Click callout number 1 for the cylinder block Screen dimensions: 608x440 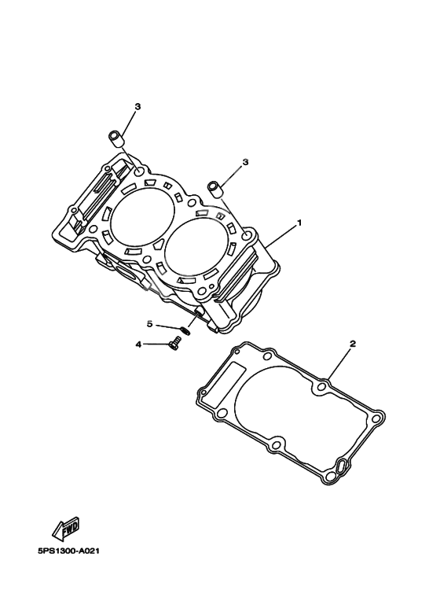[x=299, y=223]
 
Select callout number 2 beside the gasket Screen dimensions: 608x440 [x=353, y=344]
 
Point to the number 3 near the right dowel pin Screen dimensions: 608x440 [x=245, y=162]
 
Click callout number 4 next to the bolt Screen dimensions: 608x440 [x=138, y=344]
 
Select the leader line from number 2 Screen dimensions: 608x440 [x=339, y=365]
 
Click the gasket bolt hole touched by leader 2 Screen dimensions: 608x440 [x=322, y=389]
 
